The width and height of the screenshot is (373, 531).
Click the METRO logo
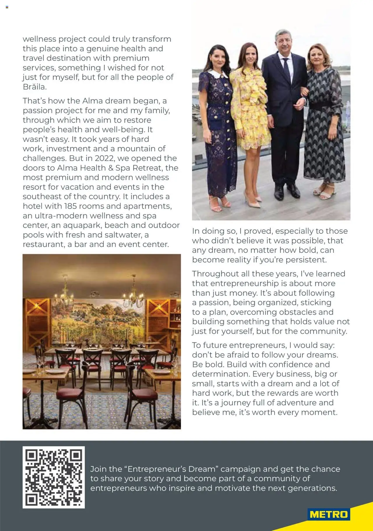point(329,514)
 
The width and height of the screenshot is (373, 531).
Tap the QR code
point(54,477)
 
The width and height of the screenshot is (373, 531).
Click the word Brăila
point(34,87)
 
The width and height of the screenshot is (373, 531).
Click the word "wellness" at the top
point(39,39)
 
